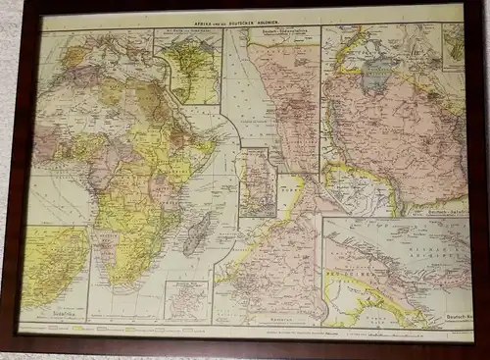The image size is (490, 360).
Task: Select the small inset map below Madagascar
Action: pos(183,300)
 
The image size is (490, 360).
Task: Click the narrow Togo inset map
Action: pos(257,181)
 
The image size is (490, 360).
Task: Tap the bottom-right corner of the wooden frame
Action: pos(482,352)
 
